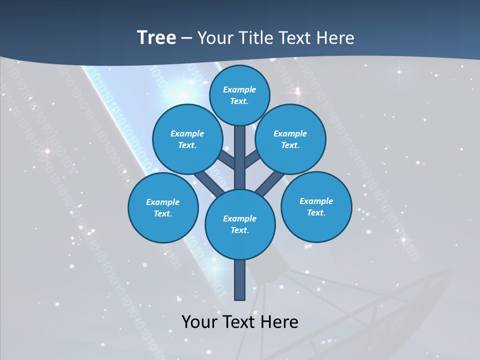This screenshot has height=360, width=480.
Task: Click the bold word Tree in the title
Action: (156, 37)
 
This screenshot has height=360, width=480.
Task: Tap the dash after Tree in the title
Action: (187, 38)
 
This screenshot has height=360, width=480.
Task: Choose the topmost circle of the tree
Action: (239, 95)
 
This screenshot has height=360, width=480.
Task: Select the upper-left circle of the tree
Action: (187, 139)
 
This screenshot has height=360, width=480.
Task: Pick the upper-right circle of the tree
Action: (290, 139)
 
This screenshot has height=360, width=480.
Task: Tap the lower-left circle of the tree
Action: (163, 207)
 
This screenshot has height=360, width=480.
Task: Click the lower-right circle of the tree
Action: (316, 206)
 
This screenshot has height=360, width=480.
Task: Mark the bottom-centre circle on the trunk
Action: (240, 224)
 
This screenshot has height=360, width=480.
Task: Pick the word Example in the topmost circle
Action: (239, 90)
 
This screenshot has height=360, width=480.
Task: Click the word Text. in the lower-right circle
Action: (316, 212)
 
